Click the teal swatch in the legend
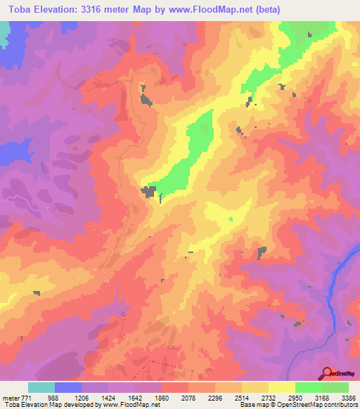41,387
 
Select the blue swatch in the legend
68,387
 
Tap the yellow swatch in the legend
282,387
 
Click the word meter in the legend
12,397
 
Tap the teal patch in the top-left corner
4,32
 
